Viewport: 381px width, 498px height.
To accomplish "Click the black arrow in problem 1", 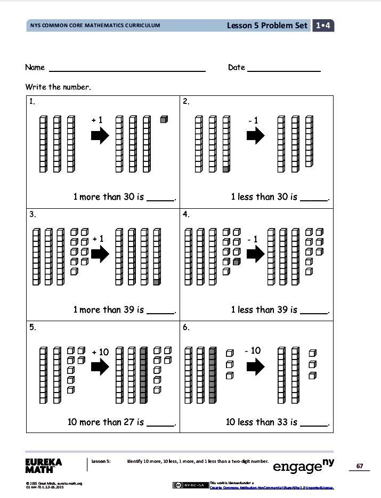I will point(100,136).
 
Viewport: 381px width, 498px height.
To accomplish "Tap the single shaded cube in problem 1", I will point(164,120).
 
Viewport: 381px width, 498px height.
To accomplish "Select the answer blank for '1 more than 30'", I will point(160,199).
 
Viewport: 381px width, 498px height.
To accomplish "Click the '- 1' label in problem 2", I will point(253,121).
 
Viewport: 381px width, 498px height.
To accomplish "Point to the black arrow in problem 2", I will point(255,136).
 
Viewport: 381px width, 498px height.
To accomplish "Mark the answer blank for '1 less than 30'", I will point(314,199).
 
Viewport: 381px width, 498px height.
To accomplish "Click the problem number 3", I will point(33,215).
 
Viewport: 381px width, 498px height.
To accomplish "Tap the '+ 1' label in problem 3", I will point(98,239).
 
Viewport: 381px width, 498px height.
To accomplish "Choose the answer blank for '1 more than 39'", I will point(160,312).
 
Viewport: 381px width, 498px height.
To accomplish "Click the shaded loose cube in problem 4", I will point(237,262).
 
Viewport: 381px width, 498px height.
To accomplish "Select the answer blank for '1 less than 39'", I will point(314,312).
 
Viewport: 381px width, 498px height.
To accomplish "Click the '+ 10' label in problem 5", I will point(100,352).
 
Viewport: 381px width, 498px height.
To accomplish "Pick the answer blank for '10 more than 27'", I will point(160,425).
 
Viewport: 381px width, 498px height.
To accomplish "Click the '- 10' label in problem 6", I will point(253,350).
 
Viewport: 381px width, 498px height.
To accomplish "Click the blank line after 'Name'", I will point(127,70).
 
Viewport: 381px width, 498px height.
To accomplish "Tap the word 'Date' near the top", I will point(237,67).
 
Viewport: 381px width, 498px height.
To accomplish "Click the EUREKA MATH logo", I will point(43,466).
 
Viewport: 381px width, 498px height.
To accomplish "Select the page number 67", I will point(360,467).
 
